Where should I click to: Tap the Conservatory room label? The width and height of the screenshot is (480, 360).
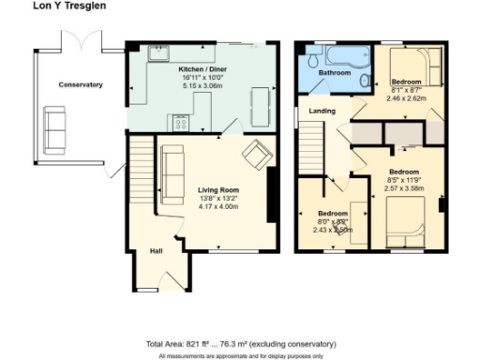(x=81, y=84)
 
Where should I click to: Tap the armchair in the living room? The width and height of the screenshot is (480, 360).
(x=255, y=151)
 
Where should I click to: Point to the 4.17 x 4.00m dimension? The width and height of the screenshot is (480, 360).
(x=216, y=206)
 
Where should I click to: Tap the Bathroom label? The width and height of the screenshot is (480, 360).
(x=332, y=72)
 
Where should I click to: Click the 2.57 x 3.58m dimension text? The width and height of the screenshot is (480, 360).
(x=404, y=187)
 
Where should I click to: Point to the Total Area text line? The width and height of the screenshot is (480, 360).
(x=240, y=344)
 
